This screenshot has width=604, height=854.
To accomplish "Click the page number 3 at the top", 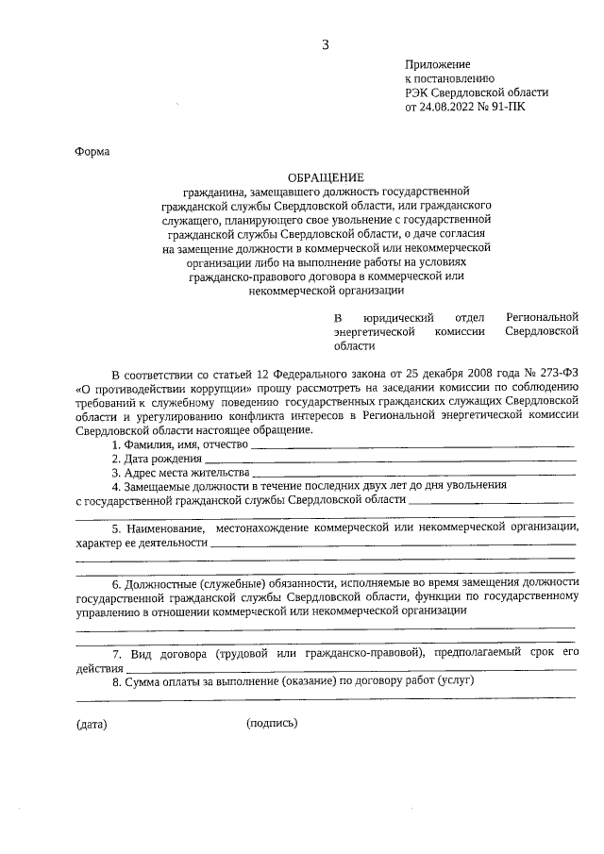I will pyautogui.click(x=326, y=44).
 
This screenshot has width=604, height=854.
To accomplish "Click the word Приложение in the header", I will pyautogui.click(x=437, y=64).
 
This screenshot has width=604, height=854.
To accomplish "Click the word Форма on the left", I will pyautogui.click(x=92, y=152).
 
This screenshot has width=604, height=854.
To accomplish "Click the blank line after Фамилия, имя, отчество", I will pyautogui.click(x=412, y=444).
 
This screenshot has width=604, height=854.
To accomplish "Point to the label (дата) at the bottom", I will pyautogui.click(x=92, y=725).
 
